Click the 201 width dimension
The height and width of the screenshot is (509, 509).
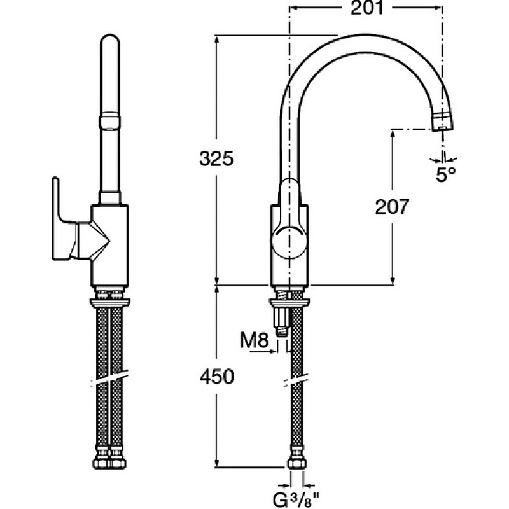coord(366,8)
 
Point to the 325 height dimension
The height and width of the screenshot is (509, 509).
coord(216,158)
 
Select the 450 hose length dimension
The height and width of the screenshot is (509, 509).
coord(216,377)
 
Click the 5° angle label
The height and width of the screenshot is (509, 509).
coord(446,174)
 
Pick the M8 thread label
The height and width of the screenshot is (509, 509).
coord(254,340)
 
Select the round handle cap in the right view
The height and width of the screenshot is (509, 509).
coord(289,242)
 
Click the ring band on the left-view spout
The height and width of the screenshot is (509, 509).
coord(109,120)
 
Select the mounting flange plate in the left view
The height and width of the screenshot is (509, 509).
coord(109,302)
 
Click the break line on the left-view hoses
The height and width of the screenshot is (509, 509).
coord(109,377)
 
